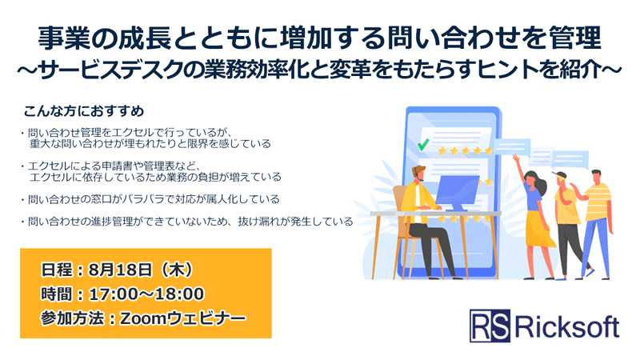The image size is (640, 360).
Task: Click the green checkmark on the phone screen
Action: coord(423,145)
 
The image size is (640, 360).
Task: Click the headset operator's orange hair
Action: coord(420,170)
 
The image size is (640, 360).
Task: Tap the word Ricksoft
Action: coord(567,326)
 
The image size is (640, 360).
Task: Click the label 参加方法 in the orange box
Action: coord(68,318)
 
